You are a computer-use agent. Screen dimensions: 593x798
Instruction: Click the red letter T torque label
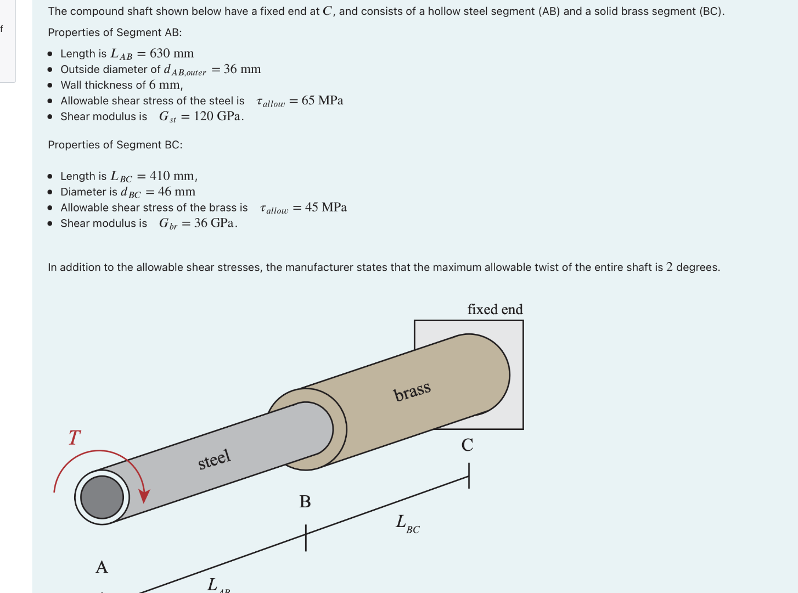click(x=75, y=438)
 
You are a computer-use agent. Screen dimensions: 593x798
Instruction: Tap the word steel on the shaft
click(x=215, y=459)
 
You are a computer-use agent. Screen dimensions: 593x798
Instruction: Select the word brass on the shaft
click(x=412, y=391)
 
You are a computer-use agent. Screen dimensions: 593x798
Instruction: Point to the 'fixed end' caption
click(x=495, y=310)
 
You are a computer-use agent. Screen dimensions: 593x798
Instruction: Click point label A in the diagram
click(x=102, y=567)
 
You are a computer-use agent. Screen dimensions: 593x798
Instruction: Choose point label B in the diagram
click(x=305, y=501)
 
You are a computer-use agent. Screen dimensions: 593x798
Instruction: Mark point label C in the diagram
click(x=467, y=445)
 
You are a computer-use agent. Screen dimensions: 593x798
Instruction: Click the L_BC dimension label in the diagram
click(x=407, y=523)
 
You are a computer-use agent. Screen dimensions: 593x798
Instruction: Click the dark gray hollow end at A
click(x=102, y=497)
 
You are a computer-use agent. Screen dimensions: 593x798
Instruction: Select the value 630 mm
click(x=172, y=53)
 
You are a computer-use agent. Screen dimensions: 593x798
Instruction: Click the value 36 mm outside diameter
click(x=242, y=69)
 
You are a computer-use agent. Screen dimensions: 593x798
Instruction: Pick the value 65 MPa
click(x=322, y=100)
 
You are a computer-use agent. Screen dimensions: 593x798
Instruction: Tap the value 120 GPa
click(x=218, y=116)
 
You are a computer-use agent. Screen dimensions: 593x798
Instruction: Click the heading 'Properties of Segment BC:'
click(x=115, y=145)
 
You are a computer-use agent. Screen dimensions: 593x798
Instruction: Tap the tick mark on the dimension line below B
click(x=306, y=538)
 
